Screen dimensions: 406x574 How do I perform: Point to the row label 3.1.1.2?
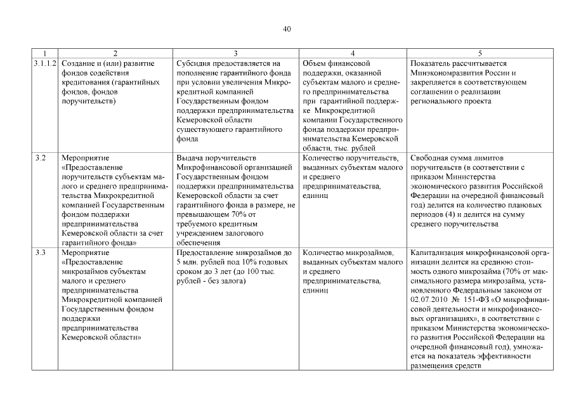point(45,63)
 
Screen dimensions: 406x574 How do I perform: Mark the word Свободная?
point(431,158)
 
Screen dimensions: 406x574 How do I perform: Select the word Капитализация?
point(440,252)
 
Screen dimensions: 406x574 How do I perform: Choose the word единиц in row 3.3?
point(316,291)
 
